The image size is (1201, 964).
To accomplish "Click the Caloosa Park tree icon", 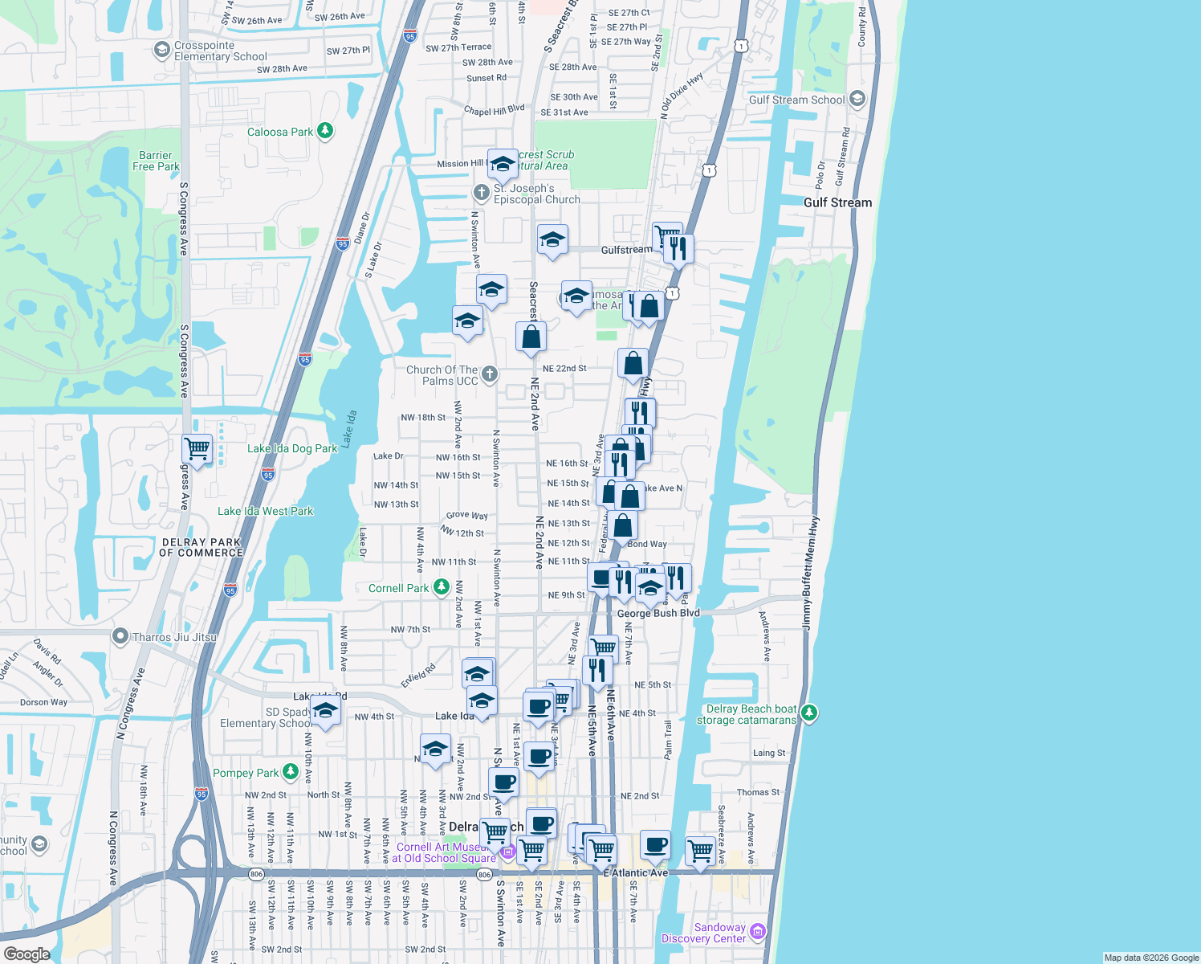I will point(325,131).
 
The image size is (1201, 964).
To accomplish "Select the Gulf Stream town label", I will point(837,202).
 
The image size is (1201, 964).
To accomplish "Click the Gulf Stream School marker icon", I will point(857,99).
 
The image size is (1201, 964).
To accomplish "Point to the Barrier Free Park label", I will point(156,161).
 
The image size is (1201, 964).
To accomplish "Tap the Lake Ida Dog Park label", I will point(292,448).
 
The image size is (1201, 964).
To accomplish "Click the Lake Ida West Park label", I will point(265,511).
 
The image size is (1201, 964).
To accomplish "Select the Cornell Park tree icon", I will point(441,588).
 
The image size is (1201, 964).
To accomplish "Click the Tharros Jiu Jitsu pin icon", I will point(120,637).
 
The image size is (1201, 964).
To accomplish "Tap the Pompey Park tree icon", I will point(291,773).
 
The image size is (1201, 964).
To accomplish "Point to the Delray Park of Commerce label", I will point(201,547).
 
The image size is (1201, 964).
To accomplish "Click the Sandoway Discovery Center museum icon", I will point(758,932).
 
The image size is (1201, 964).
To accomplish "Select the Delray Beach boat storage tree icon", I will point(809,713).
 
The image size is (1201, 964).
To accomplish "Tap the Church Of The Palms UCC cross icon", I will point(489,374).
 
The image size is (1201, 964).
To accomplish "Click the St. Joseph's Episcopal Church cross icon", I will point(481,192).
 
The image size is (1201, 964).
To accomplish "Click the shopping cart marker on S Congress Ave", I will point(197,448).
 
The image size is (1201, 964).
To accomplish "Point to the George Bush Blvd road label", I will point(658,613).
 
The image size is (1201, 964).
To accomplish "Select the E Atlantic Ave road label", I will point(636,872).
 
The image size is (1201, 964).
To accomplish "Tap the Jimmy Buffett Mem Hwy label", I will point(811,573).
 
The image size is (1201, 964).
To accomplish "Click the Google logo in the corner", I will point(26,954).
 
